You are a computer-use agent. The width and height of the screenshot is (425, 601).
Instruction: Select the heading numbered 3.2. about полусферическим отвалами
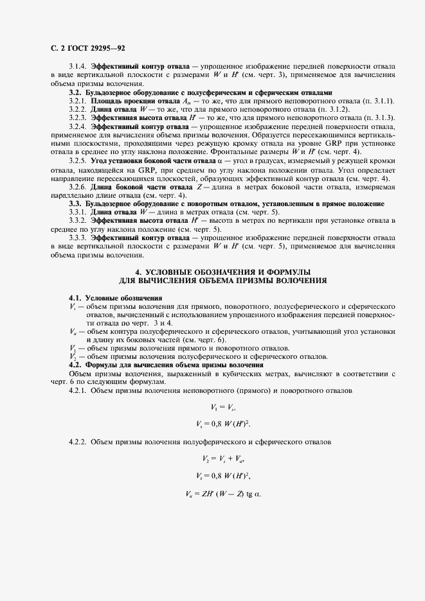pos(201,92)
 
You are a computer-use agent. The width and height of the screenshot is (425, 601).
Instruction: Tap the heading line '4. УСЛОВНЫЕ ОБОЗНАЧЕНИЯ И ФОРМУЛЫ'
pos(223,272)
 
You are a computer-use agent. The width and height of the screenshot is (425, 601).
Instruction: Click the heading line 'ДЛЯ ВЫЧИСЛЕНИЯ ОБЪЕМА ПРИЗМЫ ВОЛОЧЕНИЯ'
pos(223,281)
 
